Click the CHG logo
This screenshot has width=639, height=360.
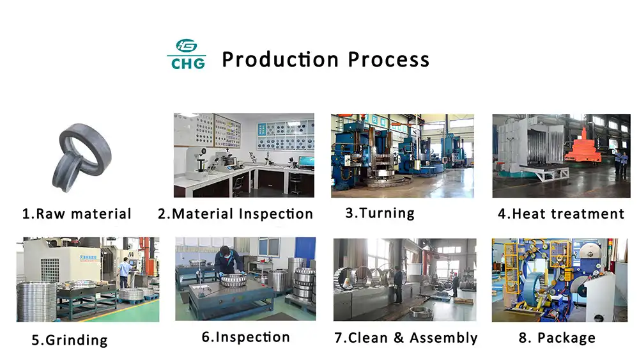coord(187,54)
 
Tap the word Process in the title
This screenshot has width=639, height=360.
coord(389,59)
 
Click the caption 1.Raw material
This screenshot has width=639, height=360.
coord(77,214)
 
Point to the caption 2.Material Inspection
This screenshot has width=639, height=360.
coord(235,214)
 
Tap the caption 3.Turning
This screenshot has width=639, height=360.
coord(380,213)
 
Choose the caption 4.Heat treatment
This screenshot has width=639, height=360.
coord(560,214)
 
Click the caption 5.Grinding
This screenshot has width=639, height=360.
coord(70,340)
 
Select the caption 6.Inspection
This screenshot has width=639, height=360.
coord(245,337)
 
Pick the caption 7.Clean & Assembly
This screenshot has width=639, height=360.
coord(406,338)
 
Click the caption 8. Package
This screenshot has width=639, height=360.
coord(557,338)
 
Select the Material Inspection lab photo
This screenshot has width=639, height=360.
coord(243,155)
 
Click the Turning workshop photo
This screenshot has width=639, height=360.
coord(402,155)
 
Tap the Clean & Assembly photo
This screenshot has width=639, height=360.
coord(404,279)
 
